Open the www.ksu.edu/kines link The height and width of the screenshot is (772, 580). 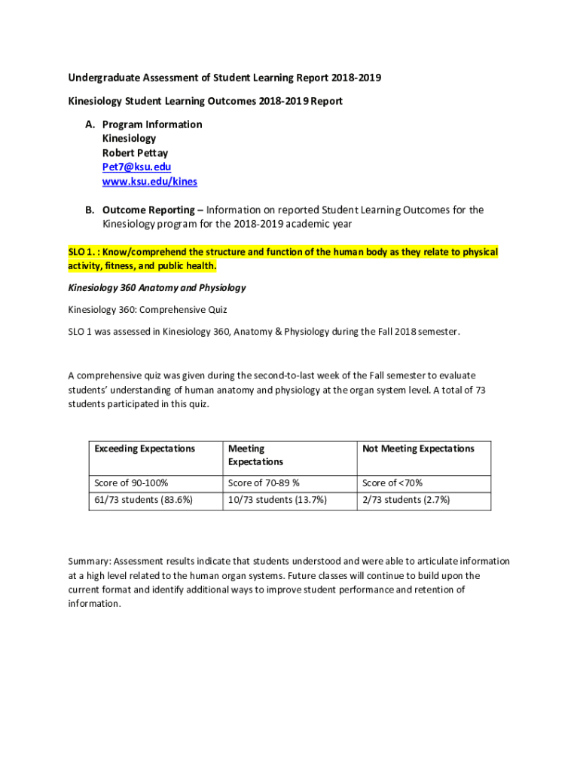(150, 181)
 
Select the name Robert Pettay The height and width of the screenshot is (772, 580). (135, 152)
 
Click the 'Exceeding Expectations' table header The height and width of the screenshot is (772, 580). (145, 449)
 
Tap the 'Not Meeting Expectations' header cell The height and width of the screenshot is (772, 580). (418, 449)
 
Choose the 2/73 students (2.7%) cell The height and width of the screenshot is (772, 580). (406, 499)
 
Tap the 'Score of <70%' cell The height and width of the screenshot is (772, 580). (392, 482)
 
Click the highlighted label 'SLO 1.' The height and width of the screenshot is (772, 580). (81, 252)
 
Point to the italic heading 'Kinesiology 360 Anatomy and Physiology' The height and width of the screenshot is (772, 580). (157, 287)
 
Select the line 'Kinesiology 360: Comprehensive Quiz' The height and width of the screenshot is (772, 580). (148, 309)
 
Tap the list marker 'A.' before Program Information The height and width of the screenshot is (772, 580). (90, 124)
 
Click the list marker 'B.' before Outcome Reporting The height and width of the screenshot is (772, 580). (90, 210)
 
